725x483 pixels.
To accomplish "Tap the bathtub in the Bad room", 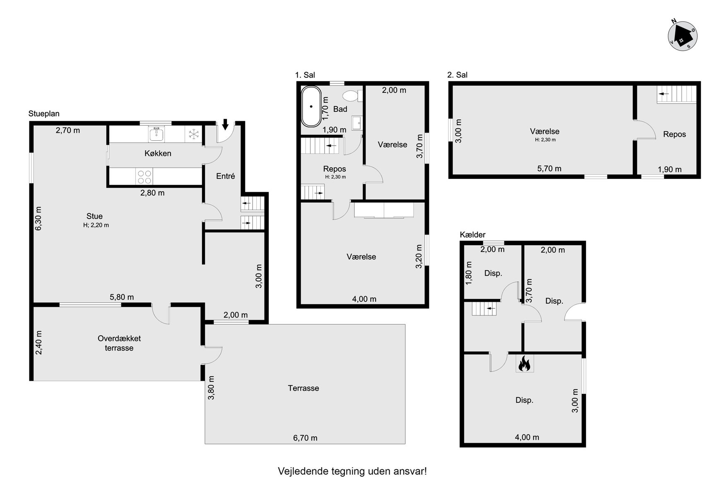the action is pos(311,106).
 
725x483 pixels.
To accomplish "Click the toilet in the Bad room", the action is pos(352,96).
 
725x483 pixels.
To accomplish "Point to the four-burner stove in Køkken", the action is pos(144,177).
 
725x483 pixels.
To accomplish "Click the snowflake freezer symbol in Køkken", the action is pos(193,134).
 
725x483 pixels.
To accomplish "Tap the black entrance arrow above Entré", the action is pos(225,124).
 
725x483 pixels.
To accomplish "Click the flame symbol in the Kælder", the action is pos(524,363).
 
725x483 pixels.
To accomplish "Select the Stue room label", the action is pos(94,216).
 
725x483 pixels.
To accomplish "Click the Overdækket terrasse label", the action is pos(119,343).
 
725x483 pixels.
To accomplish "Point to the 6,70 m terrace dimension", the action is pos(305,438).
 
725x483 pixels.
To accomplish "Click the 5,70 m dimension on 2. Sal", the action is pos(549,168).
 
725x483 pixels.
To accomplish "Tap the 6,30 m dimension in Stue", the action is pos(38,219).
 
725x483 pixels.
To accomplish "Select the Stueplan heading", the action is pos(44,114).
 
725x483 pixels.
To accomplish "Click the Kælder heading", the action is pos(472,235).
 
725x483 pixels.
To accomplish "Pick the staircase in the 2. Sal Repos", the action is pos(677,94).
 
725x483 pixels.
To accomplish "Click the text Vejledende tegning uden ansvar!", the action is pos(352,471).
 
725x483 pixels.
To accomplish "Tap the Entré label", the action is pos(226,176).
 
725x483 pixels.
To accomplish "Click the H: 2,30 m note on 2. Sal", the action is pos(545,140).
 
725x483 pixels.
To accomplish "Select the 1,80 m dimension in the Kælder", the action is pos(469,273).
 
